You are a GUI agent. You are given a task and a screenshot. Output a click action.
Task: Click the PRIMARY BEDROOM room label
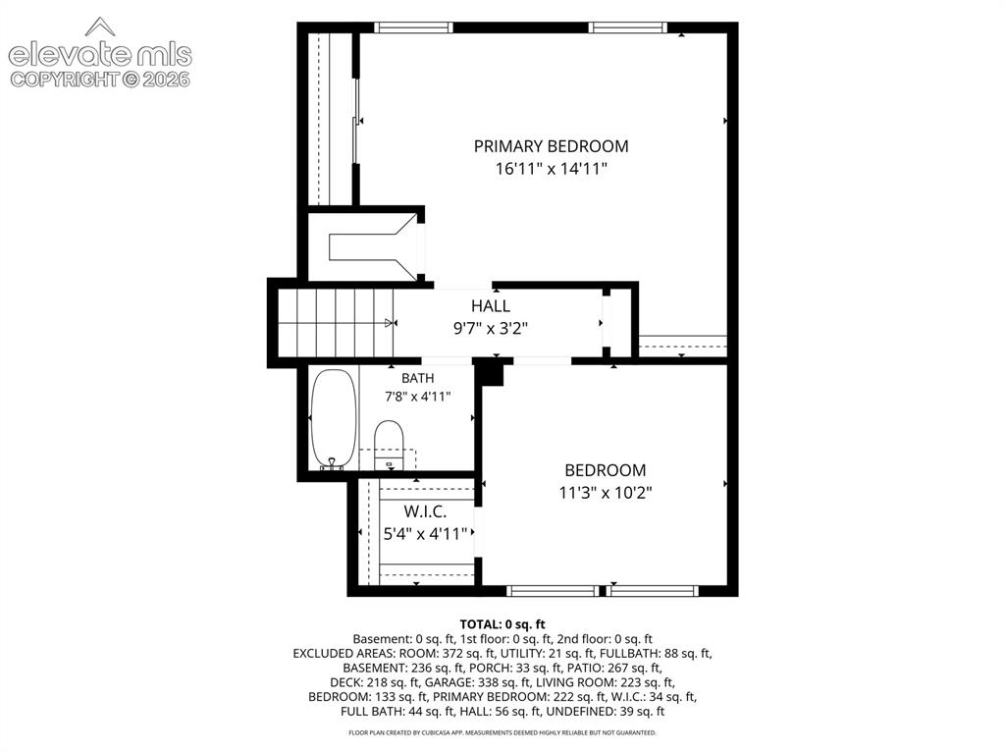[552, 146]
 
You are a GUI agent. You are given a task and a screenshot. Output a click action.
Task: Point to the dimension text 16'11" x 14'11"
[552, 169]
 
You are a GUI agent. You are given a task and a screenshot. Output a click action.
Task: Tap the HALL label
[491, 306]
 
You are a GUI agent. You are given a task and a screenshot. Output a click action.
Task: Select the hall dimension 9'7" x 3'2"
[491, 329]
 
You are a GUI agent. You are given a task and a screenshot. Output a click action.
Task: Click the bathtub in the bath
[334, 419]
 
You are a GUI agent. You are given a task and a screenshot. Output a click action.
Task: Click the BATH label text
[418, 378]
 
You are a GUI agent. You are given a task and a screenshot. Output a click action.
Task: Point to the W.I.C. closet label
[426, 511]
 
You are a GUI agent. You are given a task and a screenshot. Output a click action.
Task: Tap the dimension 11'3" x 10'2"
[605, 493]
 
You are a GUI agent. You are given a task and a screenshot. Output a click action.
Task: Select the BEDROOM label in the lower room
[605, 470]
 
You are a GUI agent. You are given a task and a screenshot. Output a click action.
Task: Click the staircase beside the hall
[336, 323]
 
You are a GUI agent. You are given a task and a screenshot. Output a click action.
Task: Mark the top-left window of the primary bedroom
[413, 27]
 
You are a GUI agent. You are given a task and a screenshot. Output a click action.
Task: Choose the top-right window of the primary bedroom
[627, 27]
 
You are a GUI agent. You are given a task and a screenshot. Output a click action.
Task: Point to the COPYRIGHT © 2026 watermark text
[100, 80]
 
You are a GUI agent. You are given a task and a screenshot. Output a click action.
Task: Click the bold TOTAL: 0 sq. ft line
[502, 624]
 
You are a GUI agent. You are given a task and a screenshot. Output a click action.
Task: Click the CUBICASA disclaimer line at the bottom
[502, 732]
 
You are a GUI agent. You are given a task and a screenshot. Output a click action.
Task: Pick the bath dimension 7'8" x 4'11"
[418, 397]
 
